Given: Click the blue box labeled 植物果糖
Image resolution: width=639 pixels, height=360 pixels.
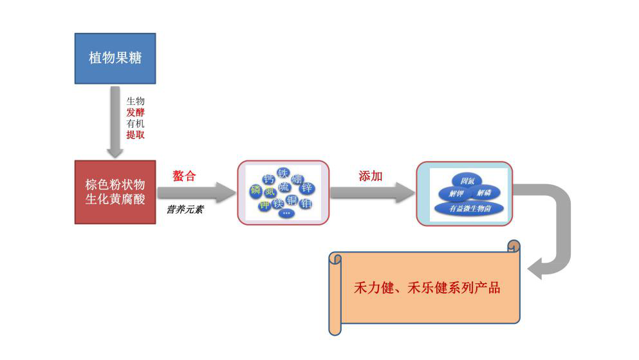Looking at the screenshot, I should coord(115,58).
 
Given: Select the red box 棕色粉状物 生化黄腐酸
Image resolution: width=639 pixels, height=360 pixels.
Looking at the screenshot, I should coord(115,191).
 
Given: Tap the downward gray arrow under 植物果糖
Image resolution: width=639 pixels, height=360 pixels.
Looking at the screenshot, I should coord(115,122).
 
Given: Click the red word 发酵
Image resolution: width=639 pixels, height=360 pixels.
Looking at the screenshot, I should coord(135,112).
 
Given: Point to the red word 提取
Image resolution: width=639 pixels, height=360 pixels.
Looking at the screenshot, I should coord(135,135).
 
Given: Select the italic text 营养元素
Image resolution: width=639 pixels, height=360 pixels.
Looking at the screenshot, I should coord(185,209).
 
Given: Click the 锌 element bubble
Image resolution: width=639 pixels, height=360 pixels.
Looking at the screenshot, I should coord(306,188).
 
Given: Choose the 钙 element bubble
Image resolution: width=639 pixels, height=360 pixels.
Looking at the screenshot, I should coord(269,179).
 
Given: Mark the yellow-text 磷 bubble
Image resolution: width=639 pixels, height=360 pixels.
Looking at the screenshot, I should coord(255,190).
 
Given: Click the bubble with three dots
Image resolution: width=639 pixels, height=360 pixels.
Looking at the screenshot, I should coord(286,213).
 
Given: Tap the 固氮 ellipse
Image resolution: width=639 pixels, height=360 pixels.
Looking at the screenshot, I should coord(463,180).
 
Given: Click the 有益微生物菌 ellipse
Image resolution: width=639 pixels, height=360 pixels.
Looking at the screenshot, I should coord(469,208).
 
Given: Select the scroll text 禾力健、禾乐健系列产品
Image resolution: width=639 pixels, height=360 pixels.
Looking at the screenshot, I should coord(427,288).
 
